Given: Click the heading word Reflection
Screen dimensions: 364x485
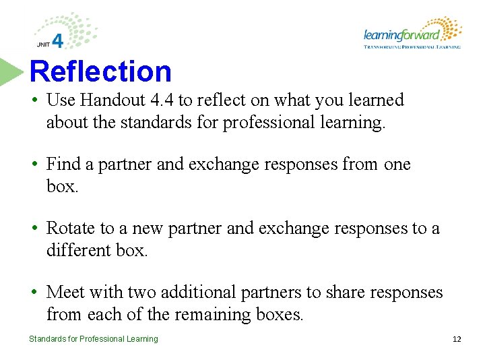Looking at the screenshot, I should click(x=101, y=71).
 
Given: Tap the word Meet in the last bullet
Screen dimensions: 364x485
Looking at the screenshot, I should click(x=65, y=293).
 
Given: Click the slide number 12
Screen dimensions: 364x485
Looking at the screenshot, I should click(x=457, y=339).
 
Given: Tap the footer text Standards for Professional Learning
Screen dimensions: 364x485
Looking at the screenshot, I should click(x=94, y=339).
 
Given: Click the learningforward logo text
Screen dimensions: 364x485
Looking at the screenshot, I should click(x=401, y=35).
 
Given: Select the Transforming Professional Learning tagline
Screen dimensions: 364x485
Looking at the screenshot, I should click(x=412, y=47).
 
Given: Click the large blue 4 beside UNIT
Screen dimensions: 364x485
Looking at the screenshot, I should click(x=58, y=42).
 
